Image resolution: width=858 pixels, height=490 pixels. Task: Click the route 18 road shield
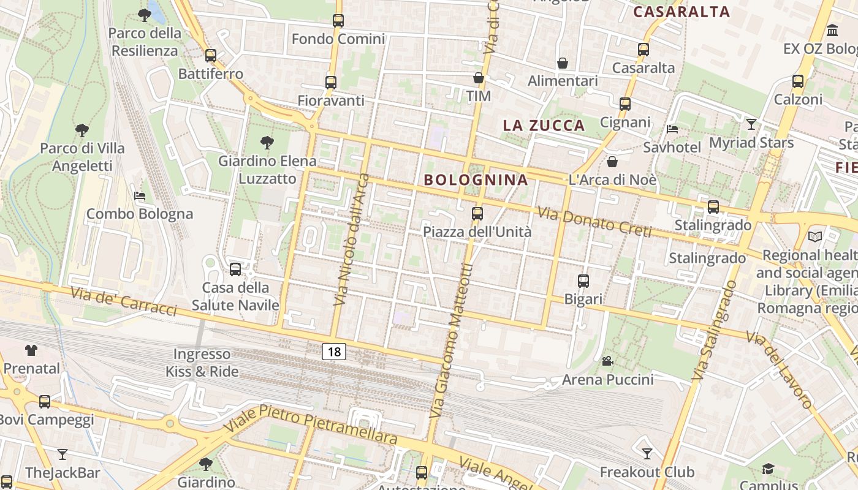(333, 352)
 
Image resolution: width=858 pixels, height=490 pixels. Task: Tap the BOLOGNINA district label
(476, 179)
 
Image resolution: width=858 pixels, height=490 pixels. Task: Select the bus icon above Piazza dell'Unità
(477, 214)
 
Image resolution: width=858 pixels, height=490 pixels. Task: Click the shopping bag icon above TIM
(478, 78)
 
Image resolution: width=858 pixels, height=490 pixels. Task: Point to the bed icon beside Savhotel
(672, 129)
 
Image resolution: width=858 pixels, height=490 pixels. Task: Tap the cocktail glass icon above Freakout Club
(647, 454)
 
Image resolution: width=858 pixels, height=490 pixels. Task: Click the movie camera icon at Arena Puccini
(607, 361)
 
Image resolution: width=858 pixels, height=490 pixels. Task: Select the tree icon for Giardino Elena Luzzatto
(267, 143)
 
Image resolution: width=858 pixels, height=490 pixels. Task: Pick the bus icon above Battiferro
(211, 56)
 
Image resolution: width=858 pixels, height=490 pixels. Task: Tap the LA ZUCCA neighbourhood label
(544, 126)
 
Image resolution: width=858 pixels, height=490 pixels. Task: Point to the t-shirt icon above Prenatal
(31, 350)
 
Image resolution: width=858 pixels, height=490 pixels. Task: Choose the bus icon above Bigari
(583, 281)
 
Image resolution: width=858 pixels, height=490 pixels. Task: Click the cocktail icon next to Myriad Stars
(751, 124)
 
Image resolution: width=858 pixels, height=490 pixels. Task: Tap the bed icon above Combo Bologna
(140, 196)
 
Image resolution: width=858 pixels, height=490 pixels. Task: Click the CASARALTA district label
(681, 12)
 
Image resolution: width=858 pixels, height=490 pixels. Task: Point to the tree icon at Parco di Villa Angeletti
(82, 130)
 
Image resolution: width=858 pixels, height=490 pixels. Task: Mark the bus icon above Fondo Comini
(338, 21)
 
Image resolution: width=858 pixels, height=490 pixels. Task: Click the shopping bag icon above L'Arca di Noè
(612, 162)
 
